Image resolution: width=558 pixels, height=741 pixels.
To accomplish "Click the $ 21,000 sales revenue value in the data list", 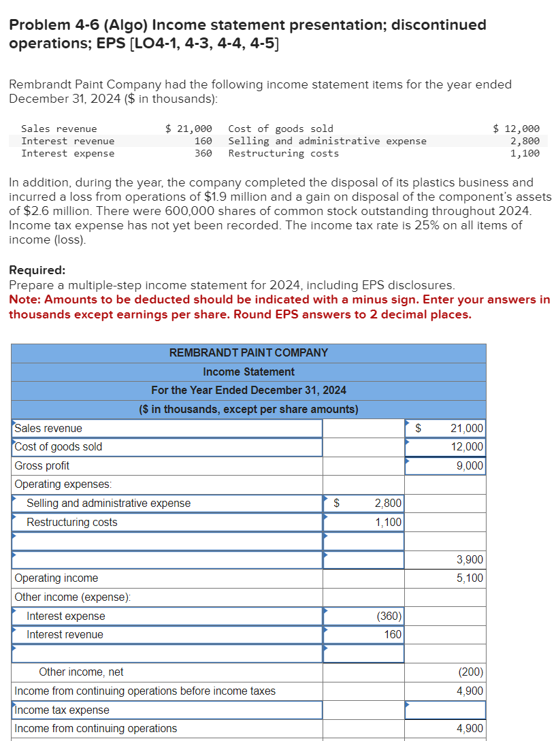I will pos(189,129).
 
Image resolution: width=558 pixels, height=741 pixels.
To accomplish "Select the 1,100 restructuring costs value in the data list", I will pos(525,153).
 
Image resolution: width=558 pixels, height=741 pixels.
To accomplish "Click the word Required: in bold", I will pos(37,270).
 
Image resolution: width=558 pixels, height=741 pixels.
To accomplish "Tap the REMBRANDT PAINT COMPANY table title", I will pos(248,352).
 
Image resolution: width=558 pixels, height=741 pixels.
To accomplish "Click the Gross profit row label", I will pos(42,465).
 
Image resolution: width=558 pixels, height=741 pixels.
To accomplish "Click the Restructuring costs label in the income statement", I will pos(71,522).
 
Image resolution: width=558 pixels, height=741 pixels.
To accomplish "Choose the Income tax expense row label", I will pos(62,710).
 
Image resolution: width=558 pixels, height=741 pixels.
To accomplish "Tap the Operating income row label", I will pos(56,578).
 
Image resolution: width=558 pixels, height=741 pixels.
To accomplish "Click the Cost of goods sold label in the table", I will pos(59,446).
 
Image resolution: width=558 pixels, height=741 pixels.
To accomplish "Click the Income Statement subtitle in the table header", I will pos(248,372).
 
